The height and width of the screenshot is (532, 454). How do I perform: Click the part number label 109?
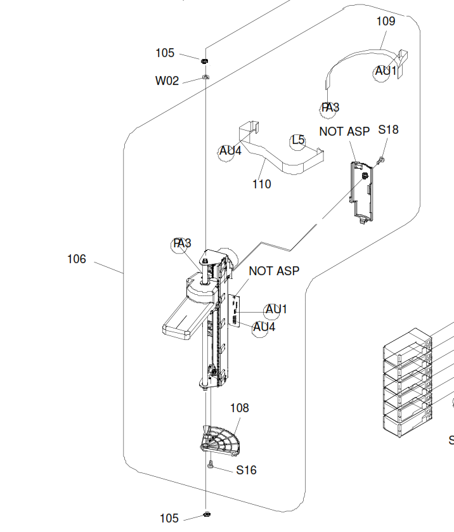[386, 21]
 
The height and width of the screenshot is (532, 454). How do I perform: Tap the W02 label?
[167, 81]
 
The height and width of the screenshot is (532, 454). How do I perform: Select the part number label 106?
[77, 259]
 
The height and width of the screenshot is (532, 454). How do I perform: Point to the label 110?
[262, 185]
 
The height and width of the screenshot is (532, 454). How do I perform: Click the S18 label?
[388, 129]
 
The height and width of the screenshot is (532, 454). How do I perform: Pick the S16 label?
[247, 470]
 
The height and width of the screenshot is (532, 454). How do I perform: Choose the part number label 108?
[240, 408]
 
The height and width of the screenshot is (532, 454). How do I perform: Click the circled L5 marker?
[298, 141]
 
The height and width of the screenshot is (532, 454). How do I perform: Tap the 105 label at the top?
[165, 53]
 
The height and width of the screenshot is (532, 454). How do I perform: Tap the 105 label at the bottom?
[169, 519]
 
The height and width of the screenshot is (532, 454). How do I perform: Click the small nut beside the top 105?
[204, 61]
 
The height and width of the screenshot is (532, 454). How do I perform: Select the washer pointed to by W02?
[205, 77]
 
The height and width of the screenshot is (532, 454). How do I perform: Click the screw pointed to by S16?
[211, 465]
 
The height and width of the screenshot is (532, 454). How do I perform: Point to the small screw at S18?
[382, 159]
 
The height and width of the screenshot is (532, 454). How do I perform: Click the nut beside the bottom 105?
[207, 514]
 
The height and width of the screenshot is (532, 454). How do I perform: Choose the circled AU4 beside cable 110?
[229, 152]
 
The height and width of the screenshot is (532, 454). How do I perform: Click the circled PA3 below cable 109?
[329, 108]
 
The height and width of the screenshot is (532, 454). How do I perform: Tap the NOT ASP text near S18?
[344, 132]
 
